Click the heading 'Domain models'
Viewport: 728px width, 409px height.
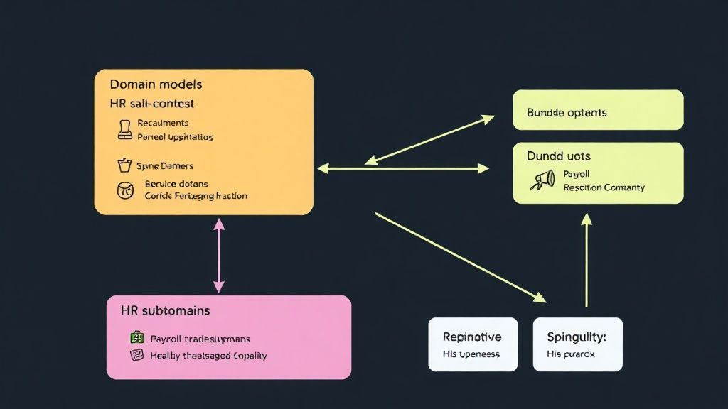156,84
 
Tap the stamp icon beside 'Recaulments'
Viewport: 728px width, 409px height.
124,129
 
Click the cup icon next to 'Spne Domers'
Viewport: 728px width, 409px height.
124,165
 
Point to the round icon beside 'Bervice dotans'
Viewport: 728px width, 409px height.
124,190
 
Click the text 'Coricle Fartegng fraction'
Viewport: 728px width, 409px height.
196,195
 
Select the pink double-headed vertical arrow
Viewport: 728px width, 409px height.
218,255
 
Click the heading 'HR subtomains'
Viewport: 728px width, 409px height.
165,311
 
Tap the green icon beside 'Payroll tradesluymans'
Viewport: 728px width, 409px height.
136,338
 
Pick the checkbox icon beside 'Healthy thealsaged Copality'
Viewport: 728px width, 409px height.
136,354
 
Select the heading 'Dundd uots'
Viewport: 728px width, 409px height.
558,156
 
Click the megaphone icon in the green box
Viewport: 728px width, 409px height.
543,180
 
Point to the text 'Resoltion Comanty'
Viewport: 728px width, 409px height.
604,187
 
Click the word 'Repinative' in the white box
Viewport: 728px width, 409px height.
471,337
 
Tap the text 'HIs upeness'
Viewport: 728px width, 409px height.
471,354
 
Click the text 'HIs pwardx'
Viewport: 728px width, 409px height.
570,354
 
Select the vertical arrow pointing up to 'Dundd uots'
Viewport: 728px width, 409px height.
587,261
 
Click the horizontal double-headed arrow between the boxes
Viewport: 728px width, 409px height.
403,168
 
